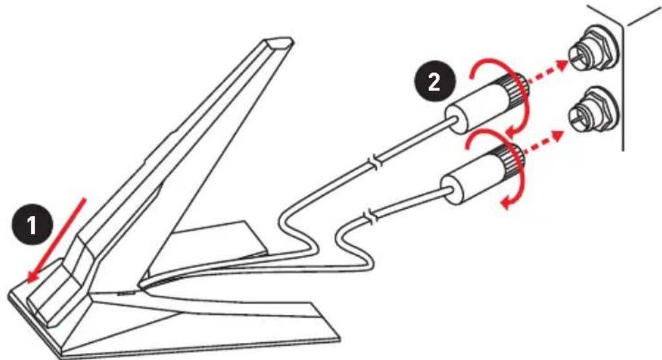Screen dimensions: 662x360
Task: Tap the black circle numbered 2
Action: click(x=434, y=82)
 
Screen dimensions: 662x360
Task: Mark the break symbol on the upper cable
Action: click(x=375, y=164)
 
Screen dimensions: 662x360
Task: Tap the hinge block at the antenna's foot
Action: click(x=53, y=291)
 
